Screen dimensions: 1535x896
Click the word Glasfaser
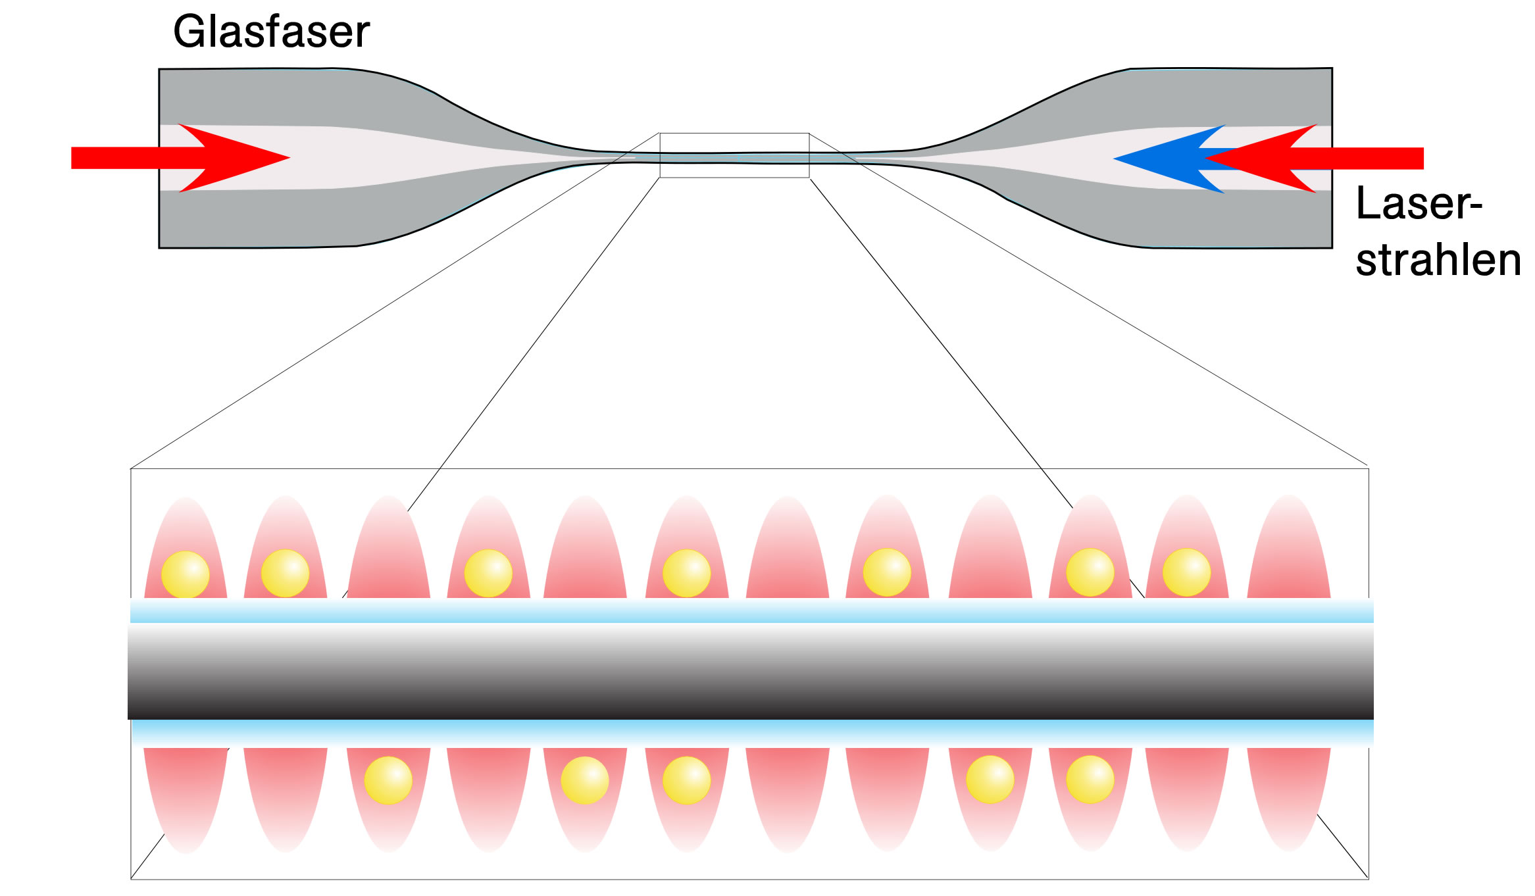[x=271, y=32]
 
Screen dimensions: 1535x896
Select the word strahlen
[x=1438, y=260]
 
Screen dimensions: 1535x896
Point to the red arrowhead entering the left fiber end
[x=234, y=158]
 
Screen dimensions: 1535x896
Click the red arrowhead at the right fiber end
[x=1260, y=159]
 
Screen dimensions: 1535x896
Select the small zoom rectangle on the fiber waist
[x=734, y=134]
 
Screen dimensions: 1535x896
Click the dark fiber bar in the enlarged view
[x=751, y=671]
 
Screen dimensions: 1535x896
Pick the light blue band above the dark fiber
[x=752, y=610]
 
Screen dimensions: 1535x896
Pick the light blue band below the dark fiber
[x=752, y=733]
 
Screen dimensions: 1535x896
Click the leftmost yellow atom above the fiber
[x=186, y=574]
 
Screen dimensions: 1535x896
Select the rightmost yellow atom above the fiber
[x=1186, y=572]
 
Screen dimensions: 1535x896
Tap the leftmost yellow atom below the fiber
[x=388, y=780]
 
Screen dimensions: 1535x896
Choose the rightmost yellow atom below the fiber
[x=1090, y=780]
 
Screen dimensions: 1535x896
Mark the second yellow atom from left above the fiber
[x=285, y=574]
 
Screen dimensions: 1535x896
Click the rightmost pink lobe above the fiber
[x=1289, y=547]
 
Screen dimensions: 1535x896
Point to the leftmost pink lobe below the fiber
[x=186, y=800]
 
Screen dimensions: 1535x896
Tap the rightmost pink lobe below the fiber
[x=1289, y=799]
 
